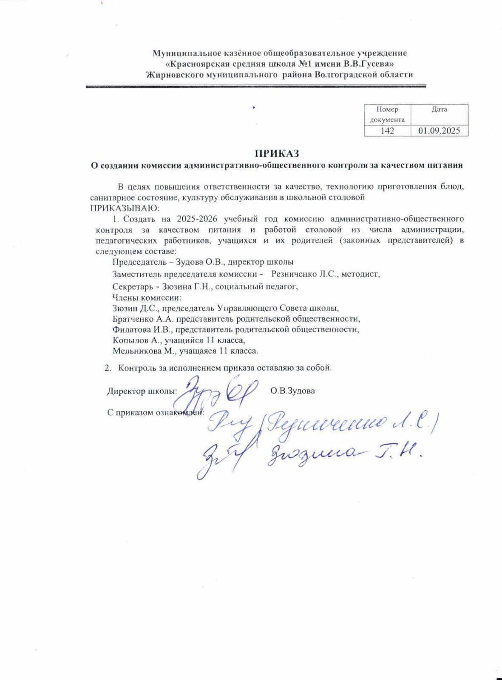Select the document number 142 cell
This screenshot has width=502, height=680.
(x=387, y=131)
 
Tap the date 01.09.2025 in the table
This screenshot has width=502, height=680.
(x=439, y=131)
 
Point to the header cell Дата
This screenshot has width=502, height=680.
(x=439, y=110)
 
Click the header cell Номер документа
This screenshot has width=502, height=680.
(x=387, y=114)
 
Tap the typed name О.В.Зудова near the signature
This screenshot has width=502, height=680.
(x=292, y=391)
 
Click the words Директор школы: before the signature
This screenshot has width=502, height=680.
(x=142, y=391)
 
